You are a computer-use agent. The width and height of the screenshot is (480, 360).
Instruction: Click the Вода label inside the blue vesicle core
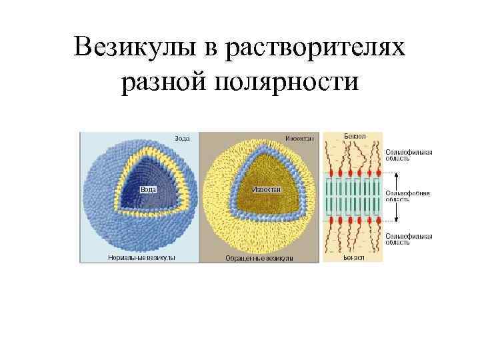click(x=148, y=189)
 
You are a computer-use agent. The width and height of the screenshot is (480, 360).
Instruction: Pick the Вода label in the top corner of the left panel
click(x=182, y=138)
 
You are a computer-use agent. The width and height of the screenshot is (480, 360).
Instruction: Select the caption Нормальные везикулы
click(x=141, y=257)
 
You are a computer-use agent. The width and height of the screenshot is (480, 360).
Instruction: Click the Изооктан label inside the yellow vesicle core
click(x=267, y=189)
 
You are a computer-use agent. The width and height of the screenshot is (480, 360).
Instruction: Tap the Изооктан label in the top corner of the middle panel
click(x=300, y=138)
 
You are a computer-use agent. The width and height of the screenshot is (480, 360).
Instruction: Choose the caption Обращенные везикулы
click(x=259, y=257)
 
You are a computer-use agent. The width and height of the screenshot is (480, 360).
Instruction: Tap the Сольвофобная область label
click(x=408, y=195)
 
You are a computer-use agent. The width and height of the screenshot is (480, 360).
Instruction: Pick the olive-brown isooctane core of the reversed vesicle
click(x=267, y=177)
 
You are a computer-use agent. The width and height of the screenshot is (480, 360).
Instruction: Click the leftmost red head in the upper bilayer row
click(x=329, y=173)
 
